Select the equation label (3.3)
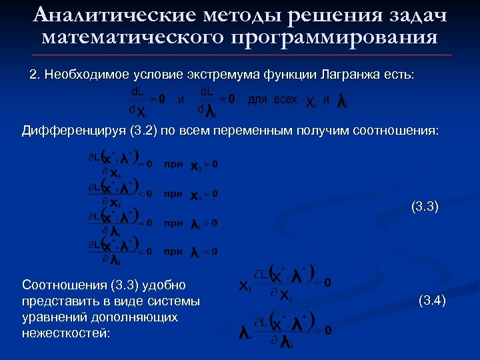[x=425, y=207]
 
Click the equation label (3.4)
[x=431, y=301]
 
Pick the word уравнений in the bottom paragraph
[x=48, y=317]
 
